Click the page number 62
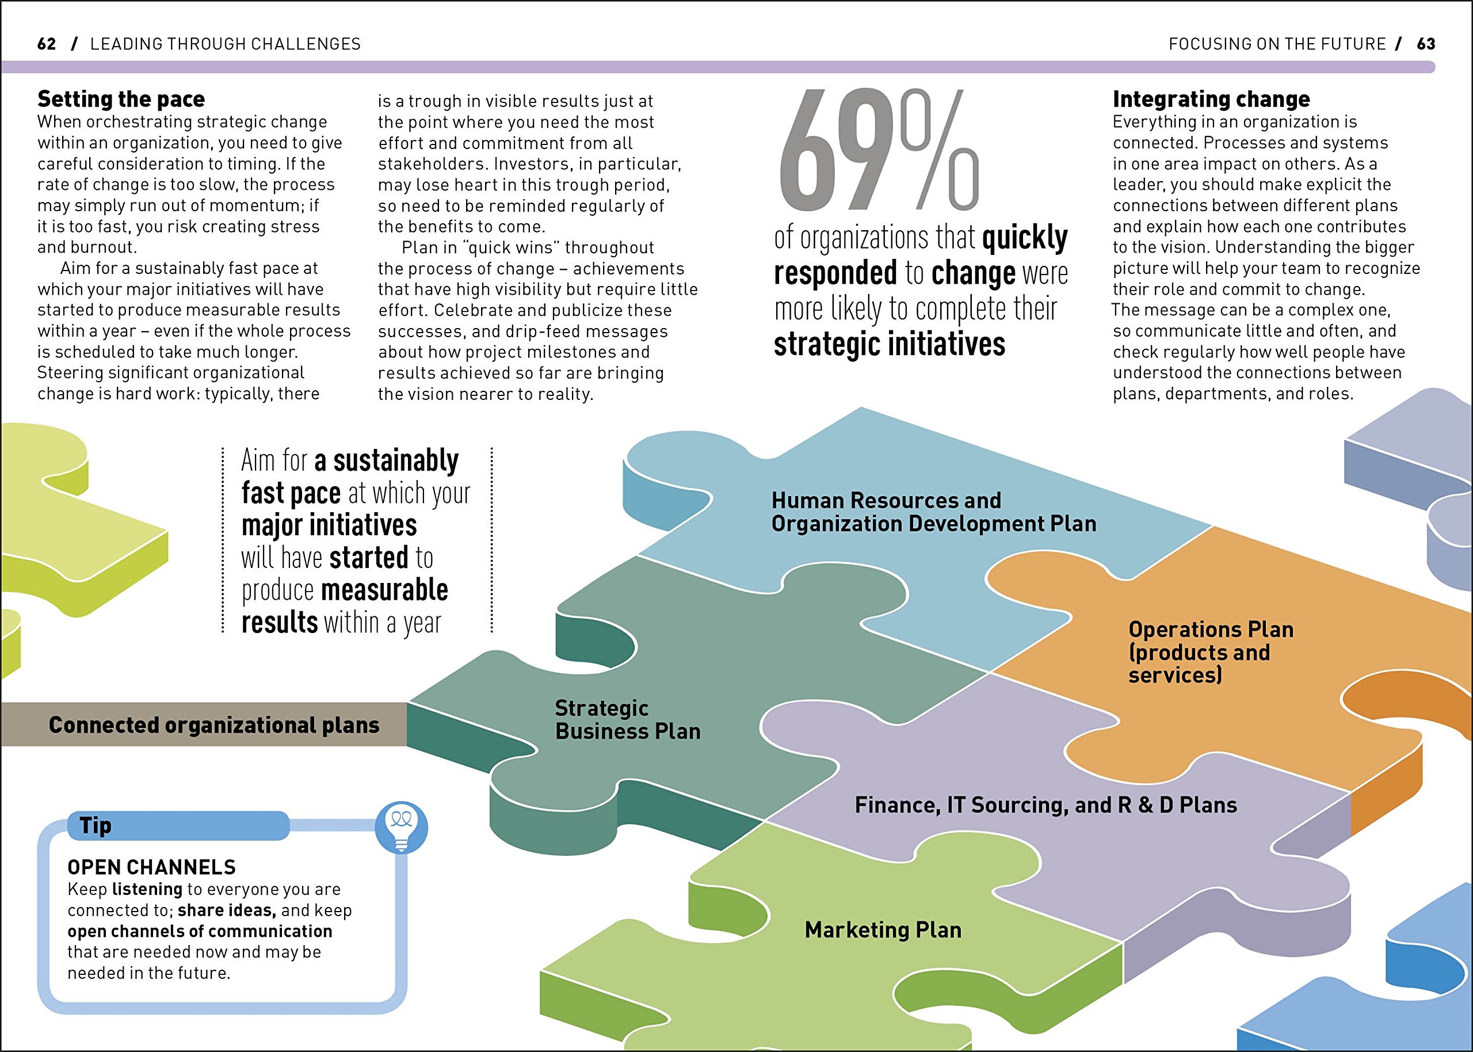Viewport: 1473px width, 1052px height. click(x=47, y=44)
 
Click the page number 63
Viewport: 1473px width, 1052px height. click(x=1426, y=44)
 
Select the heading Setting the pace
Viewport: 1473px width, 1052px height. click(x=121, y=99)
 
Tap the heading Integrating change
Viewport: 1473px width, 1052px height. click(x=1211, y=99)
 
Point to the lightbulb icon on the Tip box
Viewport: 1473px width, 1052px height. click(x=402, y=827)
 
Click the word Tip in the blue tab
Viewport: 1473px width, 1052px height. click(x=95, y=825)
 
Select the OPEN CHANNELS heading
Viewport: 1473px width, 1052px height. click(x=151, y=867)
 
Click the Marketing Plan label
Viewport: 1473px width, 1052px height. click(x=883, y=929)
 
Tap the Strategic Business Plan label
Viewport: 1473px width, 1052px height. click(x=627, y=720)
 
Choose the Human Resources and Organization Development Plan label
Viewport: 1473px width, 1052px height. click(x=933, y=512)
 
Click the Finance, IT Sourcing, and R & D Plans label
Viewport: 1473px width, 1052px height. click(x=1045, y=805)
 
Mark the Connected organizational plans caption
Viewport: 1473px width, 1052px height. click(x=213, y=725)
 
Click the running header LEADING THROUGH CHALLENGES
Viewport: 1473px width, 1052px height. click(x=226, y=44)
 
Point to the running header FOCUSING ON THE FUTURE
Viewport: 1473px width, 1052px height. click(x=1277, y=44)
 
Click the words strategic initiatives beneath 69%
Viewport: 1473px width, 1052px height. click(x=889, y=344)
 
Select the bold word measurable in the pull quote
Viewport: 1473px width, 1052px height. click(x=384, y=590)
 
